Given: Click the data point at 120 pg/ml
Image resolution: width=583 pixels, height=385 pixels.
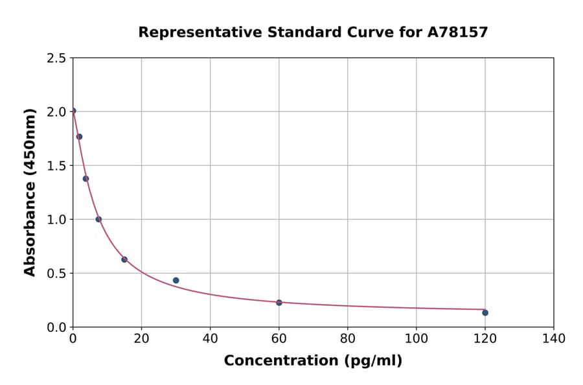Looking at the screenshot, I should [x=485, y=312].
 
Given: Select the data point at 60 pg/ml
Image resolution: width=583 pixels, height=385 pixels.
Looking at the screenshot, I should [x=279, y=303].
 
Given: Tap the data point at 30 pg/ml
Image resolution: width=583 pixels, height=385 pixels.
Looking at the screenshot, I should [x=176, y=280].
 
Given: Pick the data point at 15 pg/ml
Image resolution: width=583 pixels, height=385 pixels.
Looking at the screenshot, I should [x=124, y=259].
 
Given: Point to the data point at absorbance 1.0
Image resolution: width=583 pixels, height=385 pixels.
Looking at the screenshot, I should [x=98, y=219].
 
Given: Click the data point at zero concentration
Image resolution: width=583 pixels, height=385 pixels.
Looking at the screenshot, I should [x=73, y=111].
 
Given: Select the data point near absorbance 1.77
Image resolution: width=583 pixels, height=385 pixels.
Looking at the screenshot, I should [x=79, y=137].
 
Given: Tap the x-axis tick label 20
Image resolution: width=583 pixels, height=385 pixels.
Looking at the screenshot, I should [x=141, y=338].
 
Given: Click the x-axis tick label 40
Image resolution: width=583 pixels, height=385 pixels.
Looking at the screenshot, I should [x=210, y=338].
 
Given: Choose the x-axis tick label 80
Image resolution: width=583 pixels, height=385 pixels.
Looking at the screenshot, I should [x=348, y=338].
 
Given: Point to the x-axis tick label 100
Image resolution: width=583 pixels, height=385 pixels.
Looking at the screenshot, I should [x=417, y=338].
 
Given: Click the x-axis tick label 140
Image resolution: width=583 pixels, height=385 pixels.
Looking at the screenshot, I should [x=554, y=338].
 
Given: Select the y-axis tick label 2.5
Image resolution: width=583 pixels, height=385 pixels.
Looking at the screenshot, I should [x=56, y=58].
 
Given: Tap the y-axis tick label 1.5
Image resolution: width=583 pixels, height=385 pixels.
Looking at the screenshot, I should [x=56, y=166].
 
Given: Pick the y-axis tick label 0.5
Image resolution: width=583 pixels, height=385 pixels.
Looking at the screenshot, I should [x=56, y=274].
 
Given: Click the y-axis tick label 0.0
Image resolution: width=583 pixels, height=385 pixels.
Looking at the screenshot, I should [x=56, y=327].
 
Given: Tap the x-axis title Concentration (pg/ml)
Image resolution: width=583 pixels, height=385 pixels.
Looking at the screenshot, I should [x=313, y=361].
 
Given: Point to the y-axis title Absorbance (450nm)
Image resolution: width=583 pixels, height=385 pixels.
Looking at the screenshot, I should [x=30, y=192].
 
